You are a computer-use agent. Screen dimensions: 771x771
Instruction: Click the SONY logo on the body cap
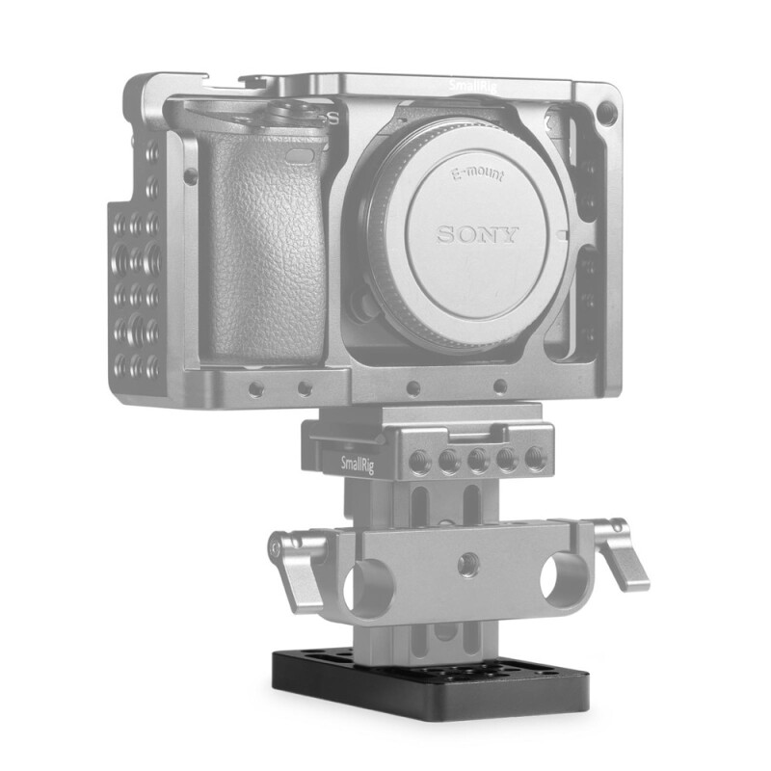(479, 233)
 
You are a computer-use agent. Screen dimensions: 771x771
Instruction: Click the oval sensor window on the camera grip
(301, 154)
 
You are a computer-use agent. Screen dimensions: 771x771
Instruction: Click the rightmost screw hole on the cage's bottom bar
(499, 387)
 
